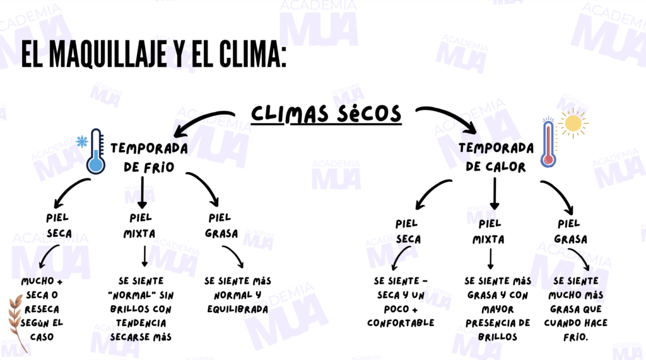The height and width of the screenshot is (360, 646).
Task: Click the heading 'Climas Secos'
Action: tap(326, 113)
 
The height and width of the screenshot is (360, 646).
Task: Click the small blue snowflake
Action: tap(81, 141)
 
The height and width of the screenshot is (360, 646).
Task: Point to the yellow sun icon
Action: tap(572, 122)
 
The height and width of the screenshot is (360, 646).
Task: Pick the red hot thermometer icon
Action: tap(548, 144)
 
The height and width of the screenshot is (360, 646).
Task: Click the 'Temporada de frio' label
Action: tap(149, 158)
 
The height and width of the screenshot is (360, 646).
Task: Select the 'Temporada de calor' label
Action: tap(495, 158)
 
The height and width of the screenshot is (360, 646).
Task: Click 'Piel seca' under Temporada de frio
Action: tap(59, 226)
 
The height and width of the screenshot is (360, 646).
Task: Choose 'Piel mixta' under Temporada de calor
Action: tap(489, 231)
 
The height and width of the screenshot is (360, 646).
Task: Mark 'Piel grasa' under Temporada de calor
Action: tap(570, 231)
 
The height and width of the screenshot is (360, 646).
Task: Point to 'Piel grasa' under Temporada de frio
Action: tap(221, 226)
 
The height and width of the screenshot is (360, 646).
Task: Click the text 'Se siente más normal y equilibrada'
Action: tap(237, 295)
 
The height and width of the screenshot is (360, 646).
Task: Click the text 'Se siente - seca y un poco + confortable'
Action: tap(401, 301)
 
